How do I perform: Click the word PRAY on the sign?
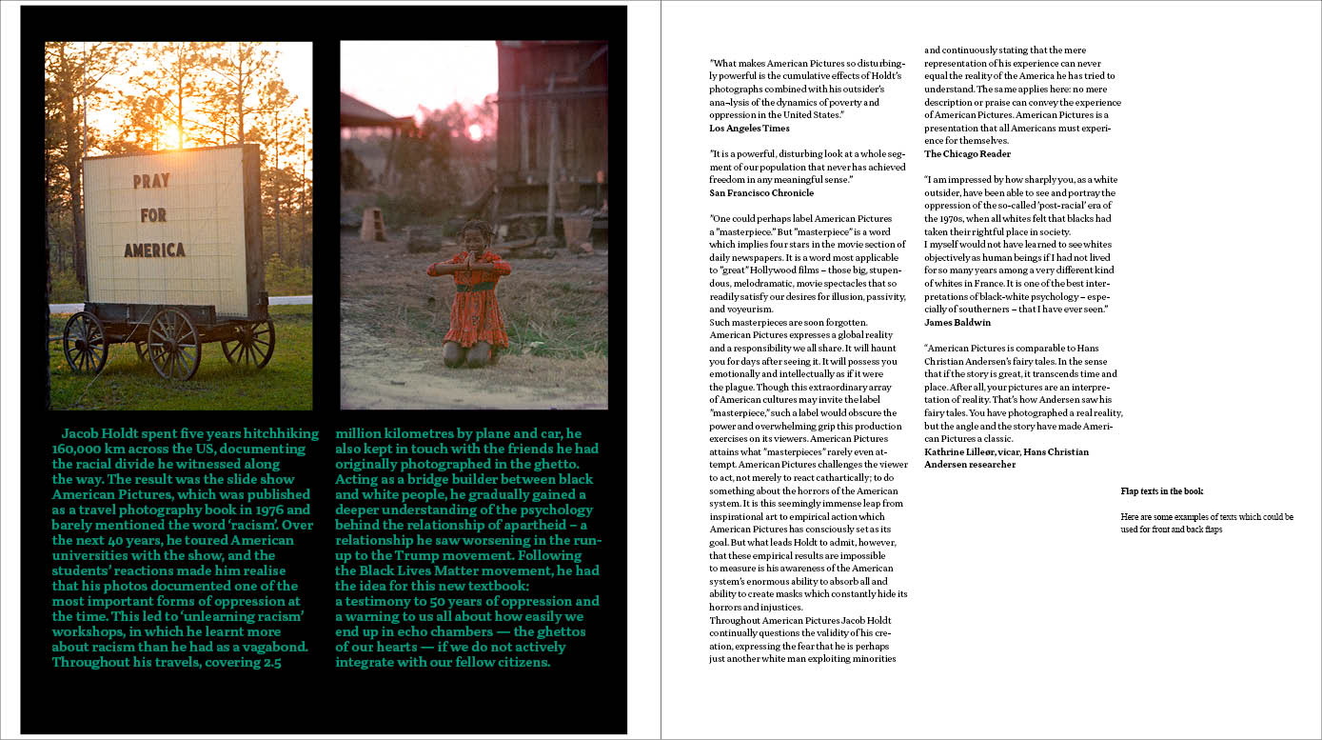coord(151,180)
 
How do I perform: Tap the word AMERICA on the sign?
coord(154,250)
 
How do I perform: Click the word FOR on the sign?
coord(153,215)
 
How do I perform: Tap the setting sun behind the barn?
coord(474,131)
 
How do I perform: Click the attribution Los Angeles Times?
coord(749,129)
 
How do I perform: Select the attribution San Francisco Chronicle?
coord(761,193)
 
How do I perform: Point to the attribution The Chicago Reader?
coord(967,154)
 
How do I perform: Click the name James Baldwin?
coord(957,323)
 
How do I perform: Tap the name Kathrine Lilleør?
coord(960,452)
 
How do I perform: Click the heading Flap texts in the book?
coord(1161,491)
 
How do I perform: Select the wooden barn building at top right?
coord(551,114)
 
